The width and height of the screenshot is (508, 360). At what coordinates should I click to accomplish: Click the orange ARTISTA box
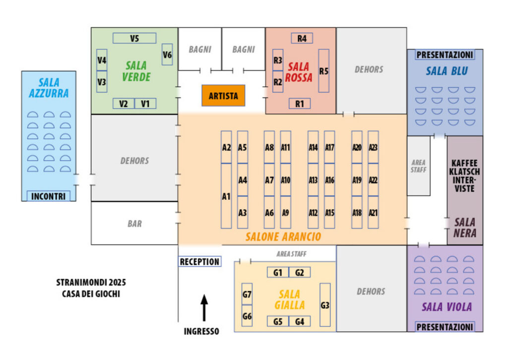[223, 96]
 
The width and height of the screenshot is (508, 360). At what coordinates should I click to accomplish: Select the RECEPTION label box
[199, 262]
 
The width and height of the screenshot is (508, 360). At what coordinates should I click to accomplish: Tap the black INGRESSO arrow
[204, 308]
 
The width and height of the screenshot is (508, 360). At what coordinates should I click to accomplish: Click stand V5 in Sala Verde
[134, 38]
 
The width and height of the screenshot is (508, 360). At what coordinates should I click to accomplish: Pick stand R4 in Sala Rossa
[302, 38]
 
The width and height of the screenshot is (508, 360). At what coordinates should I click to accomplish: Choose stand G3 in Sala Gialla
[325, 305]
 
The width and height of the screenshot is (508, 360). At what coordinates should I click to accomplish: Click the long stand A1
[226, 196]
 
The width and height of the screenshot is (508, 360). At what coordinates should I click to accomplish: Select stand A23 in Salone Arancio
[373, 147]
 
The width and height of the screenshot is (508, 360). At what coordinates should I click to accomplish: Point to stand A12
[313, 212]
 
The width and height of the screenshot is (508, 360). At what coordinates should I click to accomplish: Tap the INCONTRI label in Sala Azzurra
[48, 196]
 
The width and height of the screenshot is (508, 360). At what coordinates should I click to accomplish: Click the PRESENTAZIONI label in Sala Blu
[444, 55]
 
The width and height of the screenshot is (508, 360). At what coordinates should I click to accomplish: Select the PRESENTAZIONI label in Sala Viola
[444, 327]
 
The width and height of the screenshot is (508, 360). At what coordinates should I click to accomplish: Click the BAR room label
[134, 224]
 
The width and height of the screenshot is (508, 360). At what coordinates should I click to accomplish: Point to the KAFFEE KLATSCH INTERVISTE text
[464, 176]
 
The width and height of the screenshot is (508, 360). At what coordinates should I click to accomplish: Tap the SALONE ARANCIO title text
[283, 237]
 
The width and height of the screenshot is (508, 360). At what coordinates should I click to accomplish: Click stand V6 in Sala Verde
[167, 55]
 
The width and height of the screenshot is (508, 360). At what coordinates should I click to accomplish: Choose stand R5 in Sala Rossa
[324, 71]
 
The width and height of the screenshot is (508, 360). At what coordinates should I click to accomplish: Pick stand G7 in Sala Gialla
[247, 294]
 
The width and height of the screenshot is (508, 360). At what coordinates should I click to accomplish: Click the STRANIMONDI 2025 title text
[91, 282]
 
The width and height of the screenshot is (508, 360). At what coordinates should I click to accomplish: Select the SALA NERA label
[464, 228]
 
